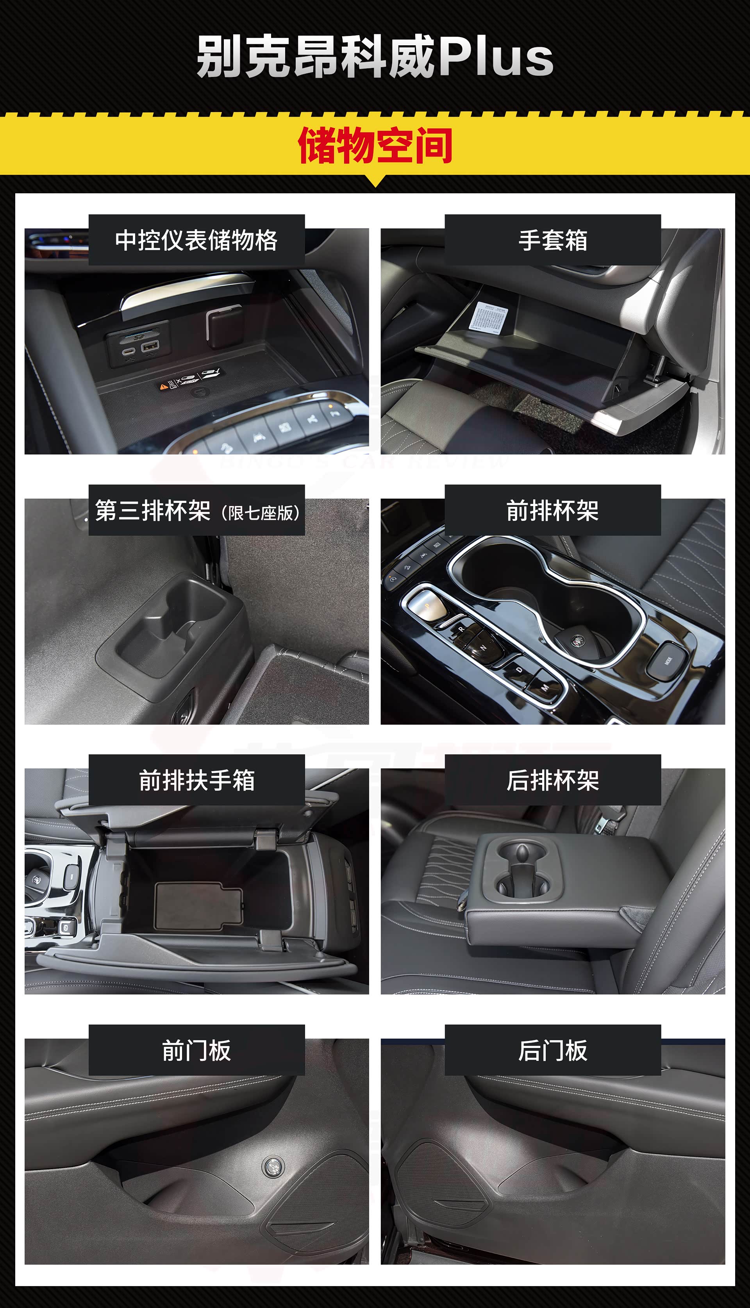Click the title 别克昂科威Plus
pos(375,57)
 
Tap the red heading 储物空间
pos(375,146)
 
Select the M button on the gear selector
pos(545,687)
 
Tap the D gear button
pos(519,670)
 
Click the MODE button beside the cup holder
pos(668,660)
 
